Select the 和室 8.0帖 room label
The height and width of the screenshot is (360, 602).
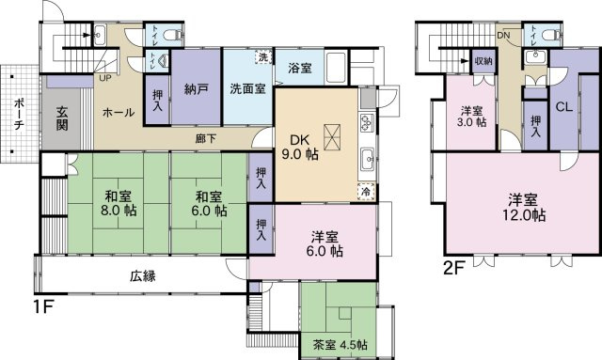point(117,204)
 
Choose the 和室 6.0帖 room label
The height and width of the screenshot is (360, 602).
point(208,204)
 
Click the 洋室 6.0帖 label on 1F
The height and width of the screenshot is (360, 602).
point(325,243)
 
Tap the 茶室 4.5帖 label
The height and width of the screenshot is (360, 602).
point(334,342)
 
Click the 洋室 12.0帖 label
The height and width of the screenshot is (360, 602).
point(527,207)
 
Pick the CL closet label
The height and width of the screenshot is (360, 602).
point(565,106)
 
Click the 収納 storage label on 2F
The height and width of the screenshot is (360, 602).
point(483,60)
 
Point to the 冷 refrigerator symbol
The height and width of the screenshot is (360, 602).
point(365,192)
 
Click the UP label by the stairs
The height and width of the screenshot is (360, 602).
point(103,77)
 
